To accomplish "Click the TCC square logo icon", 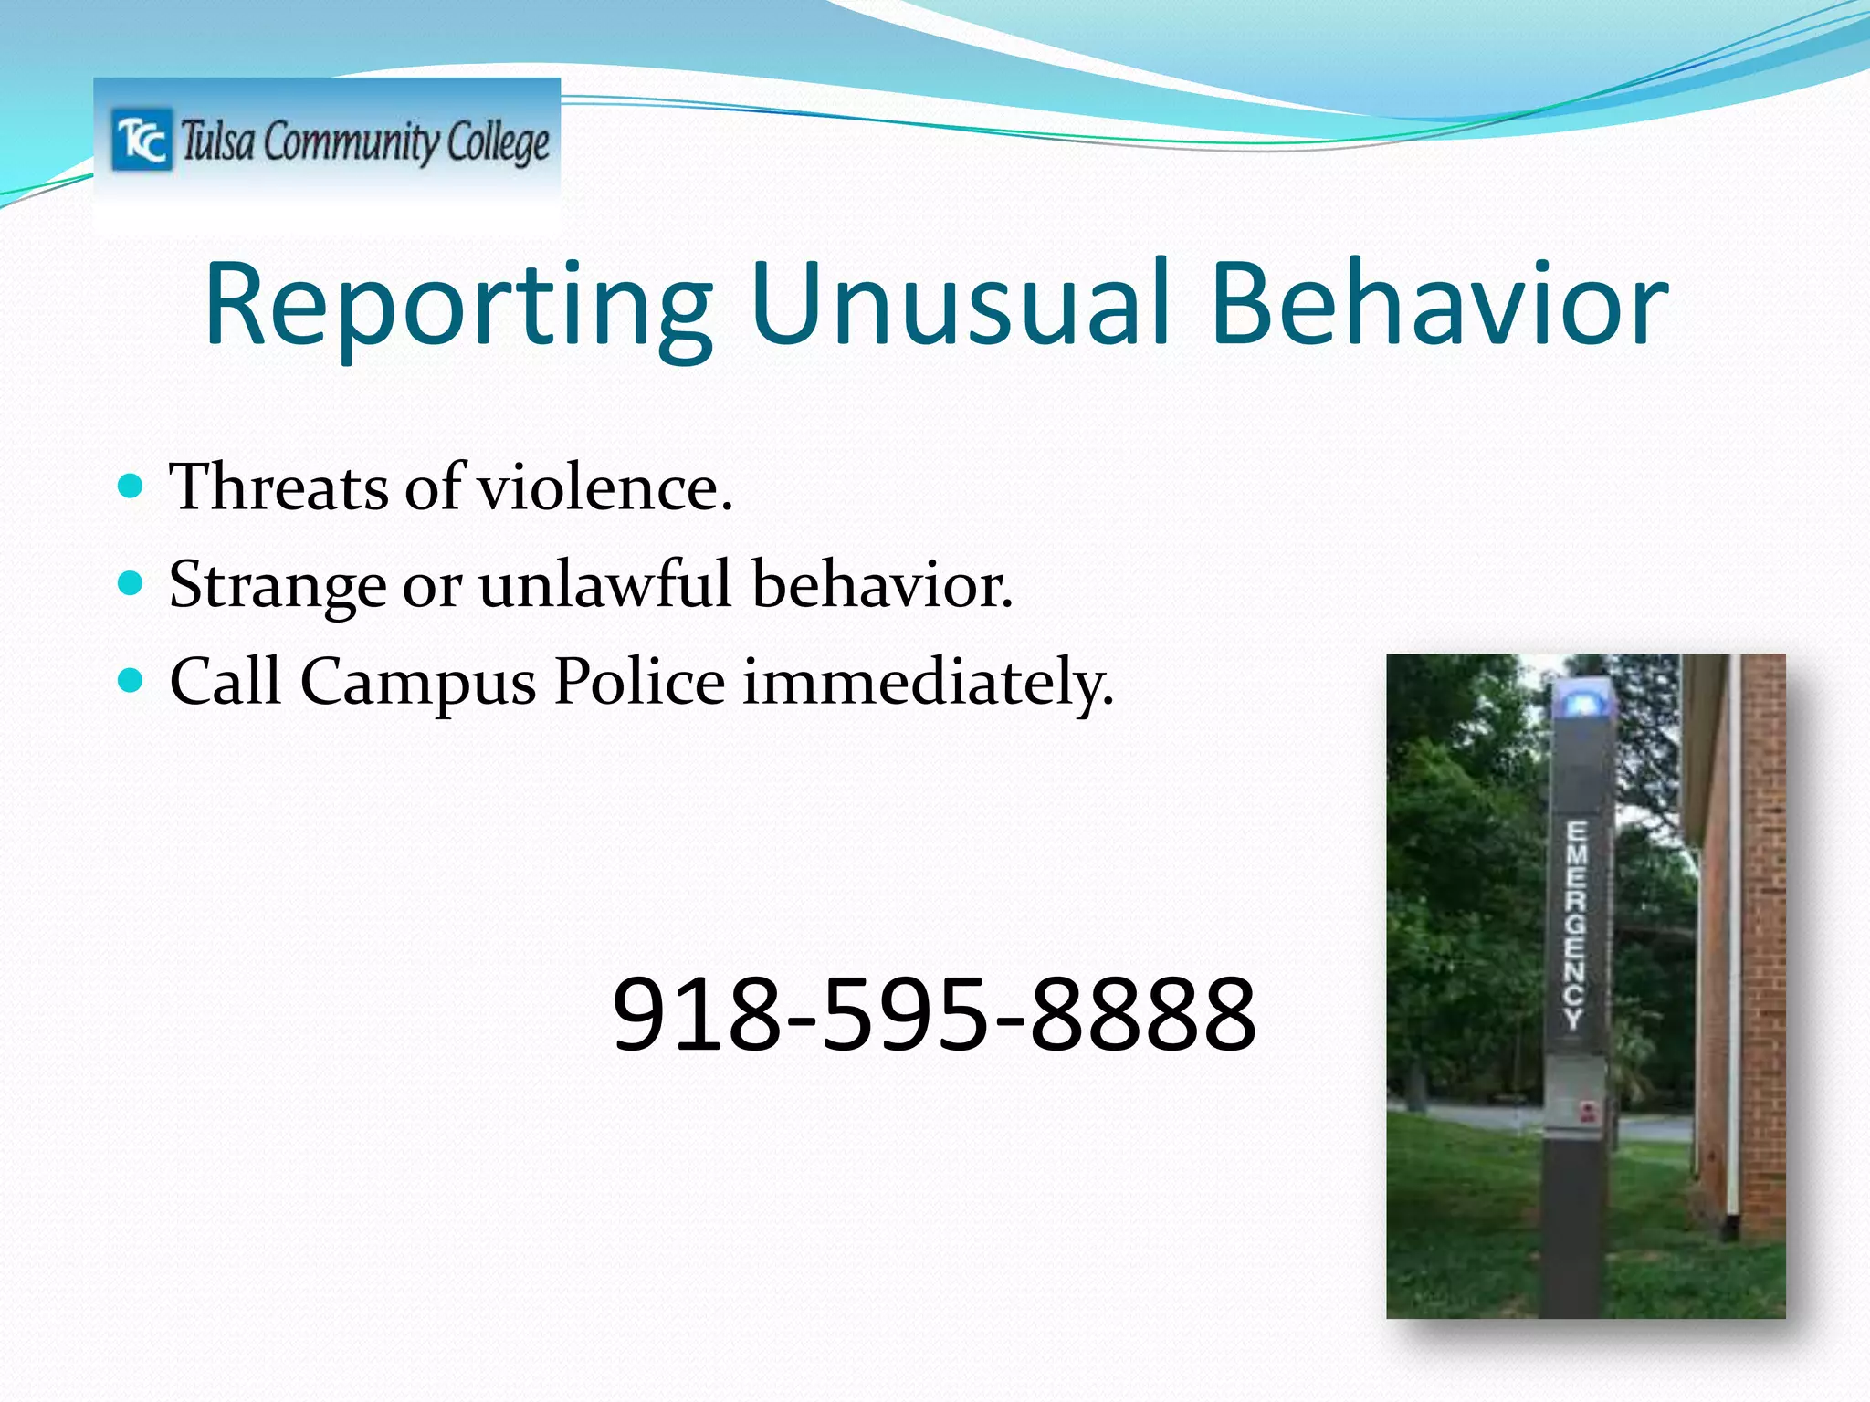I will point(142,140).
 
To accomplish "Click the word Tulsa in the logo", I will point(217,142).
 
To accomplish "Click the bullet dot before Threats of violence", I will point(131,485).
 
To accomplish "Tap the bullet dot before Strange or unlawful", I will point(131,582).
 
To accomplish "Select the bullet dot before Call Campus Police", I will point(131,680).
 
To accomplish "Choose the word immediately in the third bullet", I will point(927,683).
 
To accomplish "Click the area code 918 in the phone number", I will point(695,1014).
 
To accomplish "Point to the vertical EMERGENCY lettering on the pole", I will point(1576,924).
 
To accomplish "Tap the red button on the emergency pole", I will point(1587,1111).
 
